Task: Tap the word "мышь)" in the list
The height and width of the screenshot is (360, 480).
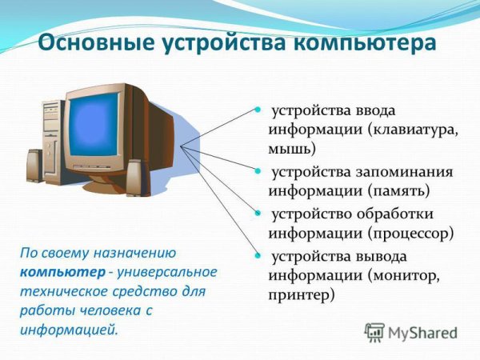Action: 293,148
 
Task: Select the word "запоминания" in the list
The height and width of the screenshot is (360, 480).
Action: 408,172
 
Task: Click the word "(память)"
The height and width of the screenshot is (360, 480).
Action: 400,191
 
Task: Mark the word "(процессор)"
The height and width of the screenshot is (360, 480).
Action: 412,234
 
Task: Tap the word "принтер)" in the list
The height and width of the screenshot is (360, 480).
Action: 301,295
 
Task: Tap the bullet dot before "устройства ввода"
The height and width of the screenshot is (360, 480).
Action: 258,109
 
